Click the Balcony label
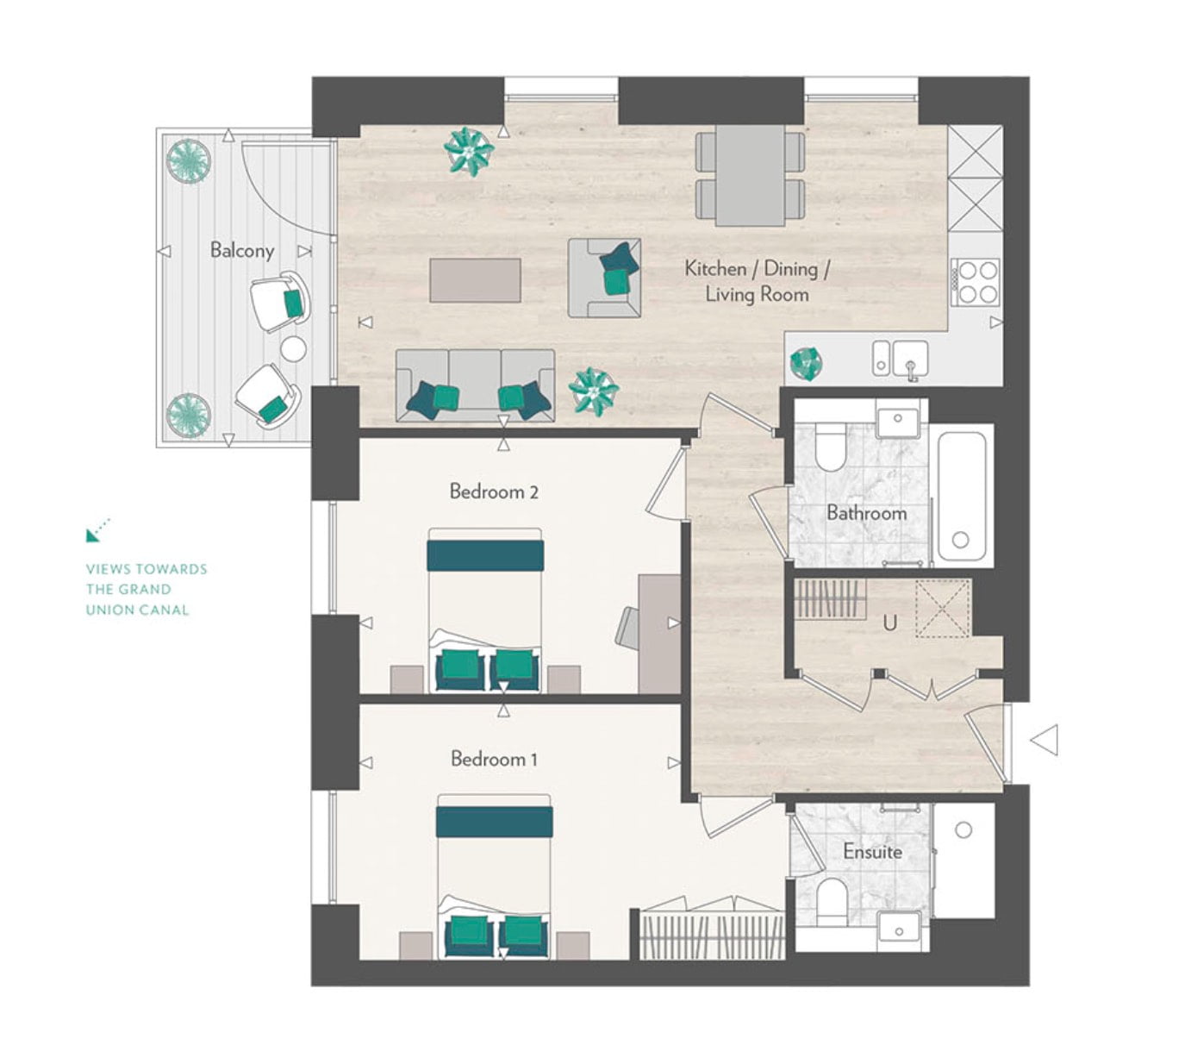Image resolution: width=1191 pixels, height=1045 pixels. coord(242,251)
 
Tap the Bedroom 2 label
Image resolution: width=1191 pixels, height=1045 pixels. coord(494,491)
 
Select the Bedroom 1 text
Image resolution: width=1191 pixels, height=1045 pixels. coord(494,759)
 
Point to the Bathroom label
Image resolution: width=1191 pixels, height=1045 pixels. coord(866,513)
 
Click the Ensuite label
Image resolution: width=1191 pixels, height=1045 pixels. coord(872,851)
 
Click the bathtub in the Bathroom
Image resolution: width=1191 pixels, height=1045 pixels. coord(962,496)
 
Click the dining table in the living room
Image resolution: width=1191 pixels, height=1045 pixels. coord(750,175)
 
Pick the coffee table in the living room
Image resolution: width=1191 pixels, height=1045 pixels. coord(475,280)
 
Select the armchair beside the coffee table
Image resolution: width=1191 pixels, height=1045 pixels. coord(604,278)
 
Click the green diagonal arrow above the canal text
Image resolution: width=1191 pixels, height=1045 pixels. coord(97,530)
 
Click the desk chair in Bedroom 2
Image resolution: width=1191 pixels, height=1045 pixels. coord(627,628)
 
